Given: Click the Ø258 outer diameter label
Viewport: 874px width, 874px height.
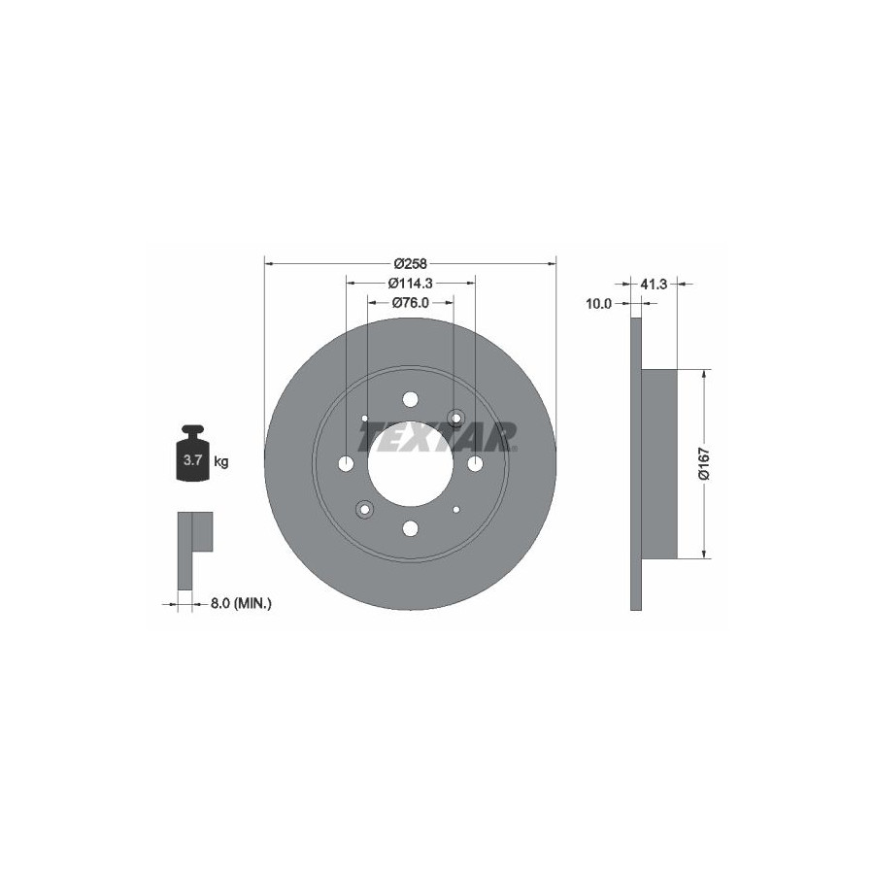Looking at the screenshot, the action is (410, 263).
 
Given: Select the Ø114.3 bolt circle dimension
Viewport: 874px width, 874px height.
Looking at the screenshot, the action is (410, 284).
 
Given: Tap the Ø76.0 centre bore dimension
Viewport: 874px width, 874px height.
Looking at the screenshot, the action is (410, 303).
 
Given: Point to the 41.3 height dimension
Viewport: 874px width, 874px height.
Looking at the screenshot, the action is (654, 285).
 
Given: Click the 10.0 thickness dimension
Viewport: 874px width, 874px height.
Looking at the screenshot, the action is (598, 304).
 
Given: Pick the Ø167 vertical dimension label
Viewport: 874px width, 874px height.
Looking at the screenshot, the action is (705, 463).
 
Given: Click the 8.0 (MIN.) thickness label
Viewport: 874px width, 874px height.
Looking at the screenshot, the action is (242, 602).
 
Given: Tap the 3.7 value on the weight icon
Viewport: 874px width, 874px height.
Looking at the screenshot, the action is (193, 460).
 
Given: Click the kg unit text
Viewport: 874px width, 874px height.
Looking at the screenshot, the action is (221, 461).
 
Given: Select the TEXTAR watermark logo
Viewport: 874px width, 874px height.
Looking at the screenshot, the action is (439, 437).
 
